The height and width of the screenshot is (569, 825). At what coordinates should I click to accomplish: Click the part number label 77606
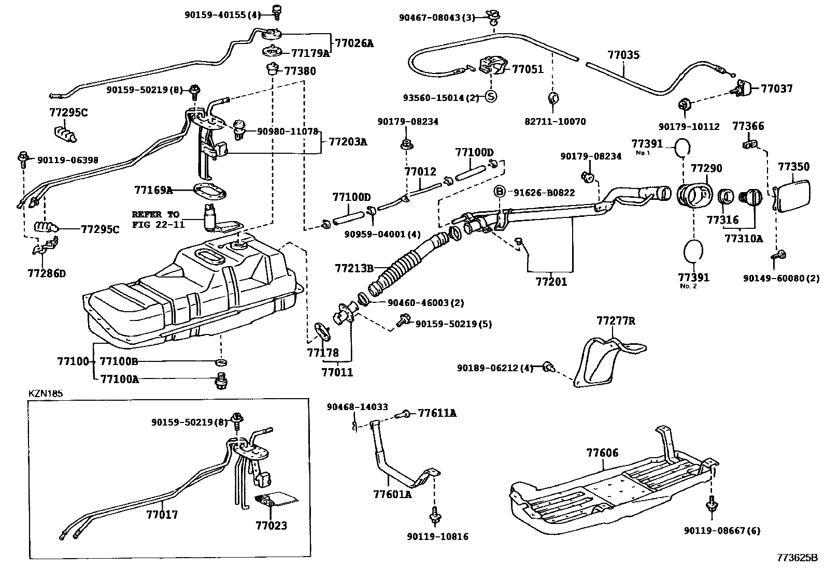(x=602, y=453)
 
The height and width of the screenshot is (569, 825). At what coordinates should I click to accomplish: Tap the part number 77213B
(x=354, y=268)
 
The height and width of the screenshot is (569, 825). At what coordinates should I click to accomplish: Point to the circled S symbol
(x=491, y=96)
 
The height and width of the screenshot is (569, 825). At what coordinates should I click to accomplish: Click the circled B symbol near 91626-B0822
(x=499, y=192)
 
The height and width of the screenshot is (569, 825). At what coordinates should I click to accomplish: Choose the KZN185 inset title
(x=45, y=393)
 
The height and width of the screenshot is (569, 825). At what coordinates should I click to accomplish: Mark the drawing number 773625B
(x=796, y=558)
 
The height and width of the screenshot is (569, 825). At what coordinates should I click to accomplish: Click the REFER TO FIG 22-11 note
(x=158, y=220)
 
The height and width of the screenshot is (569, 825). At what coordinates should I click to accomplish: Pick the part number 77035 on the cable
(x=623, y=55)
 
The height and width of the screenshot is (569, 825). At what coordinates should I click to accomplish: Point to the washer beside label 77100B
(x=221, y=361)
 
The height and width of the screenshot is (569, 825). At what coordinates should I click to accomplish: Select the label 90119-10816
(x=437, y=537)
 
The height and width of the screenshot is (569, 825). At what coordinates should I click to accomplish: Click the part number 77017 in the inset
(x=162, y=515)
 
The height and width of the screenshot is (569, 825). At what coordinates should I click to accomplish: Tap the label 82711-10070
(x=554, y=122)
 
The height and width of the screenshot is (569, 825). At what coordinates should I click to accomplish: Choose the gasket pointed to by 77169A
(x=209, y=191)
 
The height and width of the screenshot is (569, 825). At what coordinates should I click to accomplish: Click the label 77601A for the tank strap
(x=392, y=494)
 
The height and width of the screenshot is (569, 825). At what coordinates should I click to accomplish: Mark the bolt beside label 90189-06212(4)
(x=549, y=368)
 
